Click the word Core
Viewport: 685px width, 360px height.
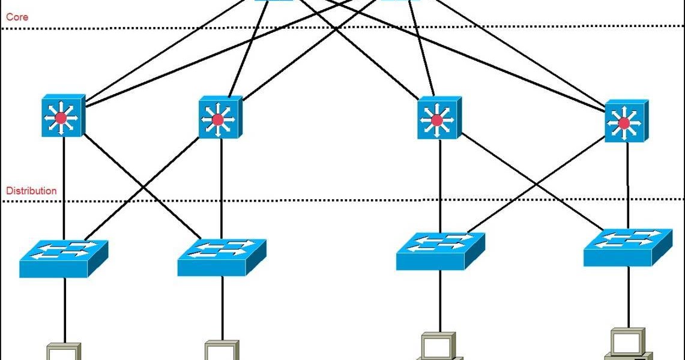[x=17, y=17]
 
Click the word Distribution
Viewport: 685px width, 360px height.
[x=31, y=191]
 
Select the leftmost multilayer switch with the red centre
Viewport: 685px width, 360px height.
[x=63, y=116]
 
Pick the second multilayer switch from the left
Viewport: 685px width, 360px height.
[x=220, y=118]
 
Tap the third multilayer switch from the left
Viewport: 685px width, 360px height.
[x=439, y=118]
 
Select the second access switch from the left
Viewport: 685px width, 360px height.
[x=222, y=257]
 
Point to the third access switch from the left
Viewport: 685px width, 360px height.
[x=440, y=251]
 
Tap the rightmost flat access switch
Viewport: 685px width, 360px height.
[x=627, y=247]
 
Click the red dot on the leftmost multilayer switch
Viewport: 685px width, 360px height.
[x=61, y=118]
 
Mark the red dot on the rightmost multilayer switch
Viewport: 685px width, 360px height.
[x=624, y=123]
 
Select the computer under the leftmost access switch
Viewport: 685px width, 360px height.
[x=64, y=352]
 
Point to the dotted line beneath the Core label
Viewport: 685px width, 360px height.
[x=360, y=27]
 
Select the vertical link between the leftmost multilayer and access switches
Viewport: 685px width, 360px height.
[x=63, y=186]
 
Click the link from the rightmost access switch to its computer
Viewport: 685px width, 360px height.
[x=628, y=297]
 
